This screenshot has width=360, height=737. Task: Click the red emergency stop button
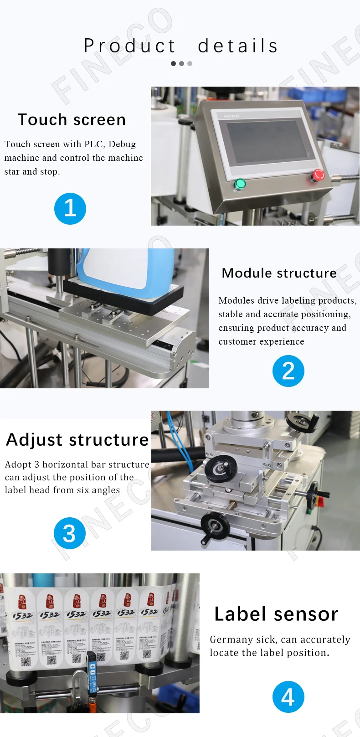coord(318,175)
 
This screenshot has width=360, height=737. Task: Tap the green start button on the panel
coord(240,184)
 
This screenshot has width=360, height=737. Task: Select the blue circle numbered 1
coord(70,209)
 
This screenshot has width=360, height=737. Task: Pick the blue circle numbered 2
coord(288,371)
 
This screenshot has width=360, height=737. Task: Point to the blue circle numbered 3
coord(69,533)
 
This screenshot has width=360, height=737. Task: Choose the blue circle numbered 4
coord(288,697)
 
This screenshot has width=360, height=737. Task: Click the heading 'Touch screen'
coord(72,120)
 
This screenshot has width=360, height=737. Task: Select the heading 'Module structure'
coord(279,273)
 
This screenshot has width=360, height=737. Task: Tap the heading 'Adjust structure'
coord(77,440)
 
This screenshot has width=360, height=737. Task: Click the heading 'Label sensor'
coord(276,614)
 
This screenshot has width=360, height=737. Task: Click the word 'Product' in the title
coord(129,46)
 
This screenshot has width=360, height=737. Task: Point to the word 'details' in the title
coord(238,46)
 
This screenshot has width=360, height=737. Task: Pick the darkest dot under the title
coord(173,64)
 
